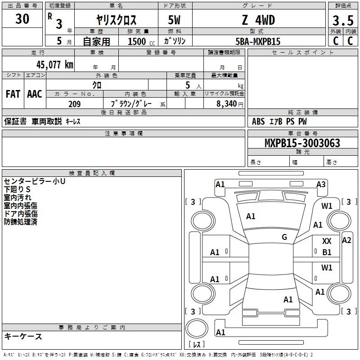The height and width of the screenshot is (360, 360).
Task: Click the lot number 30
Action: click(22, 19)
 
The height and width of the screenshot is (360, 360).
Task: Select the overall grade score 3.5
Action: click(342, 21)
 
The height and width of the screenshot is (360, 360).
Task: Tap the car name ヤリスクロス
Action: click(116, 20)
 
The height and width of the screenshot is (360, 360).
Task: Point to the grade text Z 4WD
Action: click(258, 20)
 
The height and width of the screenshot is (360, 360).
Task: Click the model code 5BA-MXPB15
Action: click(258, 41)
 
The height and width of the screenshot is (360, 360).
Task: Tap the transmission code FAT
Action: click(13, 94)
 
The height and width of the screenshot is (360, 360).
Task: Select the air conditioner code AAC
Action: click(34, 94)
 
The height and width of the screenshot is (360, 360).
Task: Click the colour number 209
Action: click(74, 104)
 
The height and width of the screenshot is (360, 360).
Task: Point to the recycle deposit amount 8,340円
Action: click(229, 104)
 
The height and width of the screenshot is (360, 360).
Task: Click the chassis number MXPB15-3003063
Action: click(302, 143)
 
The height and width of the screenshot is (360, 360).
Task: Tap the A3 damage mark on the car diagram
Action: click(321, 184)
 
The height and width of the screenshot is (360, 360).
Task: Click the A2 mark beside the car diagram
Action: click(346, 240)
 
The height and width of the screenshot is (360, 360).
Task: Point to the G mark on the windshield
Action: click(284, 237)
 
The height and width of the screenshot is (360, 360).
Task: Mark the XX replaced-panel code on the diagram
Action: click(327, 242)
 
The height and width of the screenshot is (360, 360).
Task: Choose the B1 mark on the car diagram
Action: click(327, 252)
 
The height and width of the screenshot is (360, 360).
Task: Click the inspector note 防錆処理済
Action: click(21, 222)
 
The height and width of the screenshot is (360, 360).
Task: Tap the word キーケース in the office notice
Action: click(23, 336)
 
